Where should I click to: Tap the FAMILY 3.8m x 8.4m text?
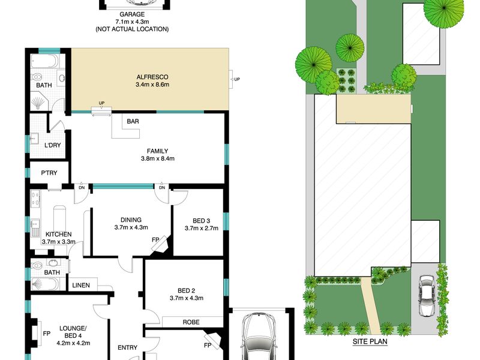click(x=158, y=155)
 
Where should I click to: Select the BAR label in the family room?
click(x=133, y=122)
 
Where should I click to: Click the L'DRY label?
click(x=53, y=145)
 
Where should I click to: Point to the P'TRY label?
click(x=49, y=173)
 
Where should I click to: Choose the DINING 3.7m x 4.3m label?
click(x=131, y=223)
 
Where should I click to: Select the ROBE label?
click(x=191, y=322)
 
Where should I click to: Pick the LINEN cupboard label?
click(x=81, y=286)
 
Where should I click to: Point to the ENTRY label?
click(x=128, y=347)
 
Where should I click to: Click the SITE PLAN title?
click(x=370, y=341)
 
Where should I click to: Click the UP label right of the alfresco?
click(x=237, y=79)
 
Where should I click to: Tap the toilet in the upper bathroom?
click(x=38, y=76)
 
